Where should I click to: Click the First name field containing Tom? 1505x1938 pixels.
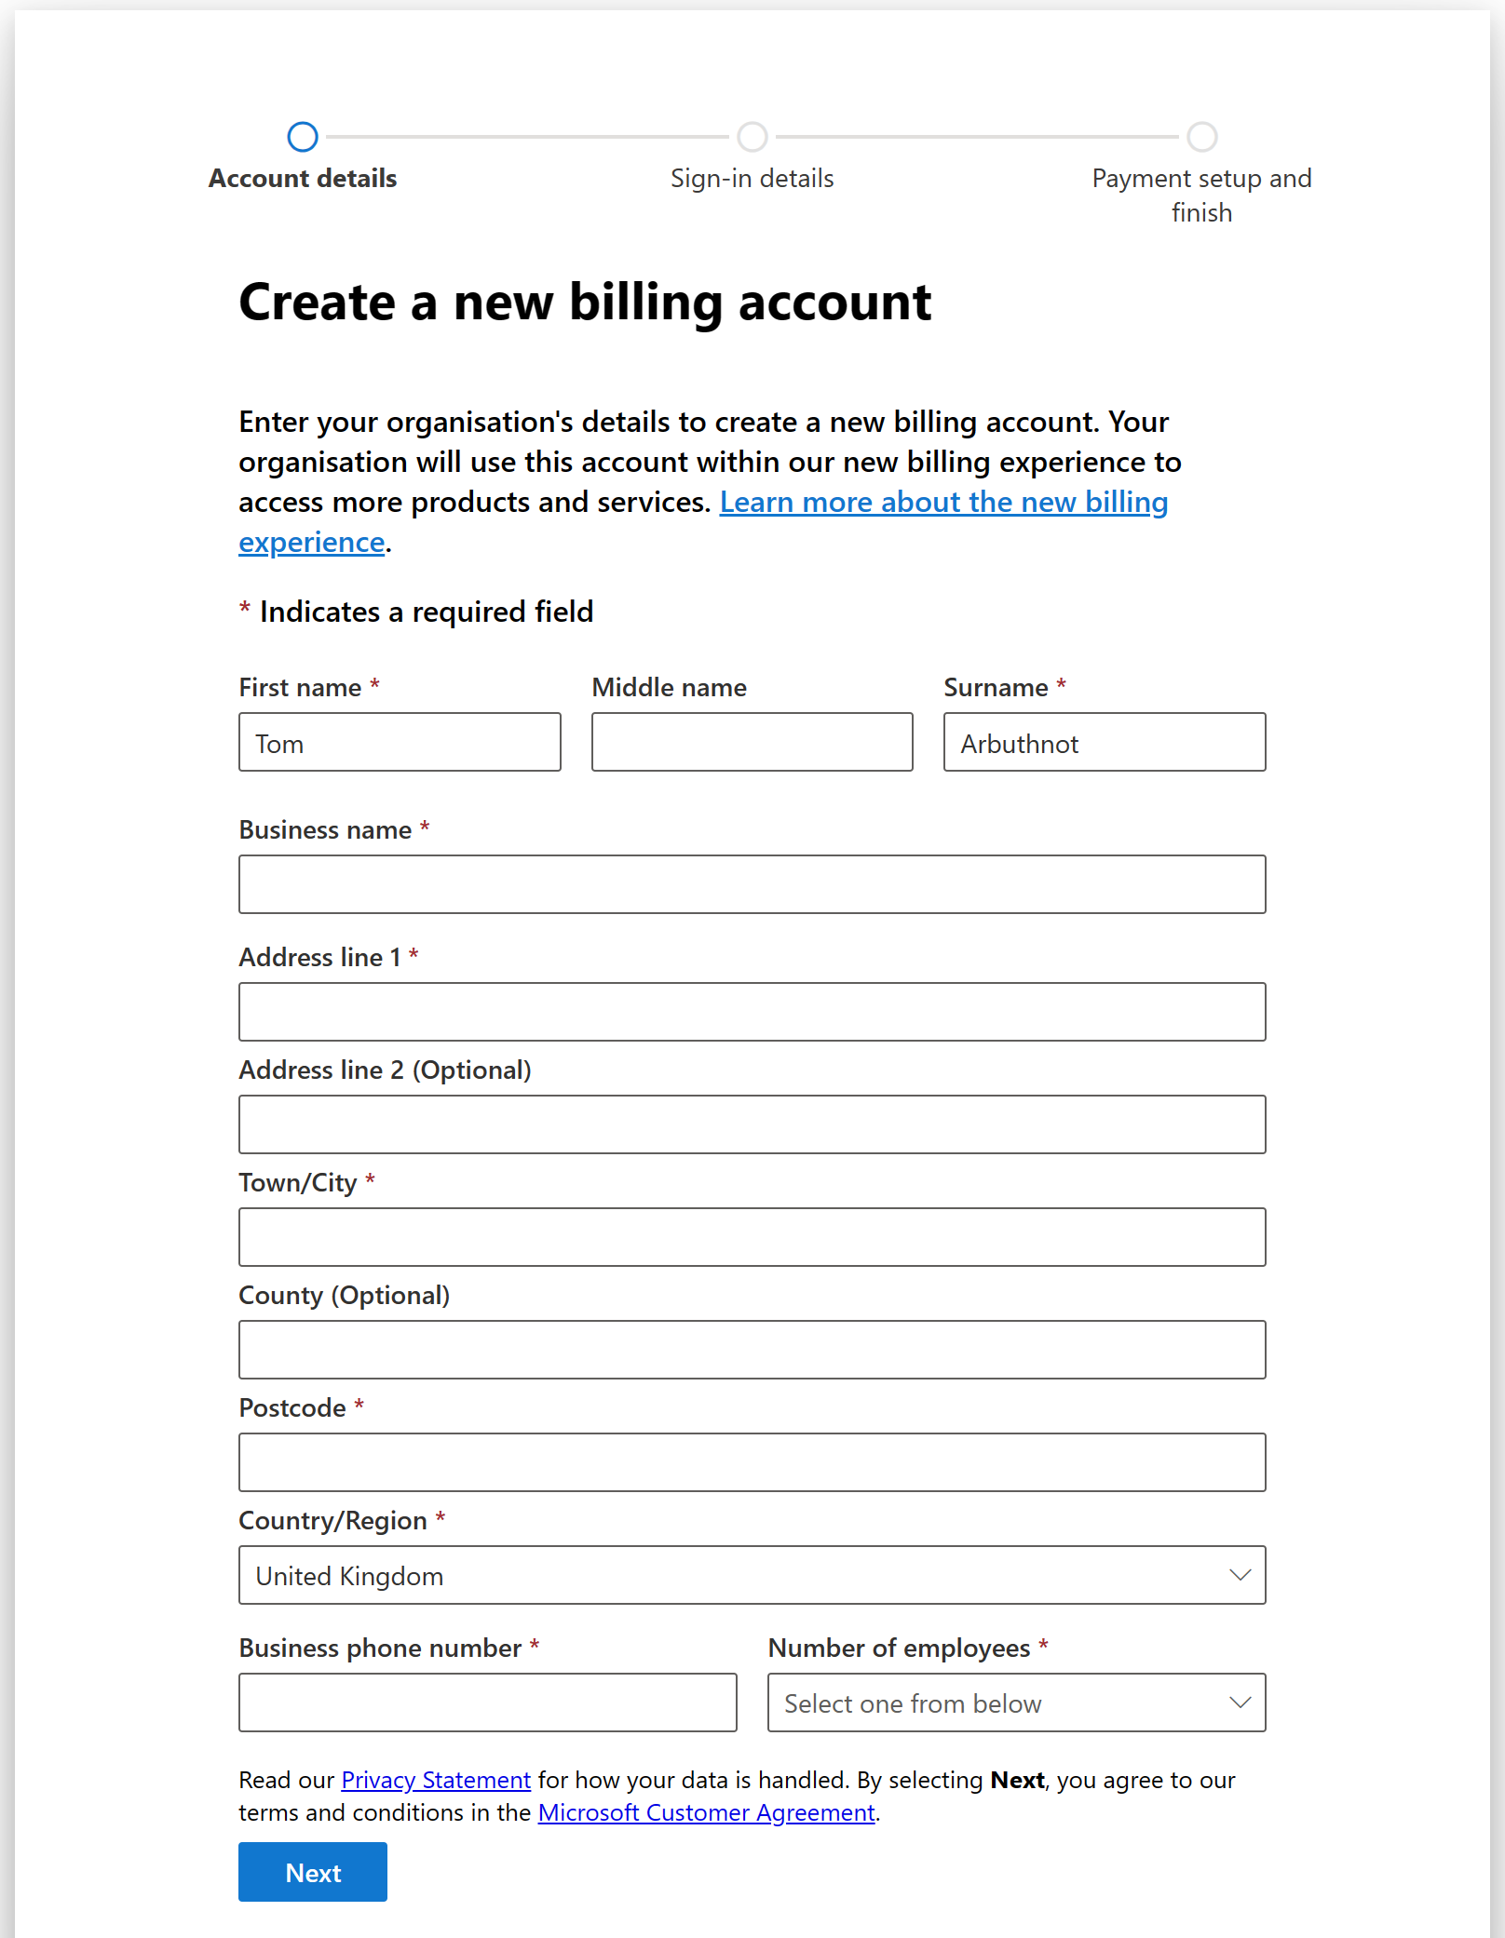pyautogui.click(x=400, y=742)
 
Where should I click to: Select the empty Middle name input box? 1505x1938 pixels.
pyautogui.click(x=752, y=742)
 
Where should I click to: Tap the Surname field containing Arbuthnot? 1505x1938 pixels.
pyautogui.click(x=1104, y=742)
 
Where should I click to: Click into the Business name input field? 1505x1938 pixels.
pyautogui.click(x=752, y=884)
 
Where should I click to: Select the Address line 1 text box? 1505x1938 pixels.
pyautogui.click(x=752, y=1012)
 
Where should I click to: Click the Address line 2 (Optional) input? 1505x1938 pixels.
pyautogui.click(x=752, y=1124)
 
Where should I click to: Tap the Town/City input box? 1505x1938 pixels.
pyautogui.click(x=752, y=1237)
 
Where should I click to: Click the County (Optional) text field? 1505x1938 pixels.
pyautogui.click(x=752, y=1350)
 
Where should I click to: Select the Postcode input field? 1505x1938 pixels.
pyautogui.click(x=752, y=1462)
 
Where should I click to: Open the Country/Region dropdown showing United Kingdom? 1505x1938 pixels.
pyautogui.click(x=752, y=1575)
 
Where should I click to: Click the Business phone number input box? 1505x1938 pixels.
pyautogui.click(x=487, y=1702)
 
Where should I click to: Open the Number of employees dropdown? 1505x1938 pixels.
pyautogui.click(x=1016, y=1702)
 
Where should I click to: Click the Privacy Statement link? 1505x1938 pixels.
pyautogui.click(x=436, y=1780)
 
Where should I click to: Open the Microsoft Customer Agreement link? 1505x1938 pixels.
pyautogui.click(x=706, y=1812)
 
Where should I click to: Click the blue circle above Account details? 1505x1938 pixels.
pyautogui.click(x=303, y=137)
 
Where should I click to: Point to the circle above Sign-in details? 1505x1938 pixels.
pyautogui.click(x=752, y=137)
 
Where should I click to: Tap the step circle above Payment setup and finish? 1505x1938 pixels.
pyautogui.click(x=1201, y=137)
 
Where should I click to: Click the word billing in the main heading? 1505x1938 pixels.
pyautogui.click(x=645, y=303)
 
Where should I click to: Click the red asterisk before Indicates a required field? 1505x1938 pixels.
pyautogui.click(x=245, y=609)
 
